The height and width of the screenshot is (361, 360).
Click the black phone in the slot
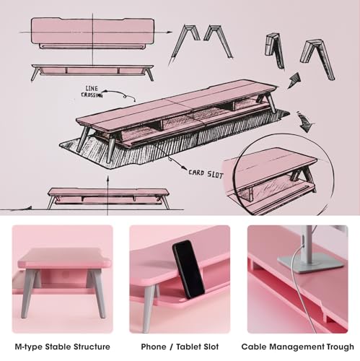(x=188, y=269)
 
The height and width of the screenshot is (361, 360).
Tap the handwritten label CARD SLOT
(x=206, y=174)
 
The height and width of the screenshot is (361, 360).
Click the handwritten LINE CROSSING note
(x=92, y=92)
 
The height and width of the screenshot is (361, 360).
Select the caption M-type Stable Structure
(x=63, y=347)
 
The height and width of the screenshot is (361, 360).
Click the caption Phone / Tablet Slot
(x=180, y=347)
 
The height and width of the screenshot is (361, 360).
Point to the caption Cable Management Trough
(x=297, y=347)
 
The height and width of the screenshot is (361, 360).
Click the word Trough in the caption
(x=340, y=347)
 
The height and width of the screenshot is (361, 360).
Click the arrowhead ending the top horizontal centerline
(x=170, y=32)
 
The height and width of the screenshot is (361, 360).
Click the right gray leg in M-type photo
(x=97, y=293)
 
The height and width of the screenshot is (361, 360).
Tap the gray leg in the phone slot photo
(x=148, y=308)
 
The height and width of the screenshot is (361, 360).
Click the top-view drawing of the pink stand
(x=92, y=33)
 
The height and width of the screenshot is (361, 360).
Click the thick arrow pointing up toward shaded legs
(x=294, y=80)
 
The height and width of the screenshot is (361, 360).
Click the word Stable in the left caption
(x=58, y=347)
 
